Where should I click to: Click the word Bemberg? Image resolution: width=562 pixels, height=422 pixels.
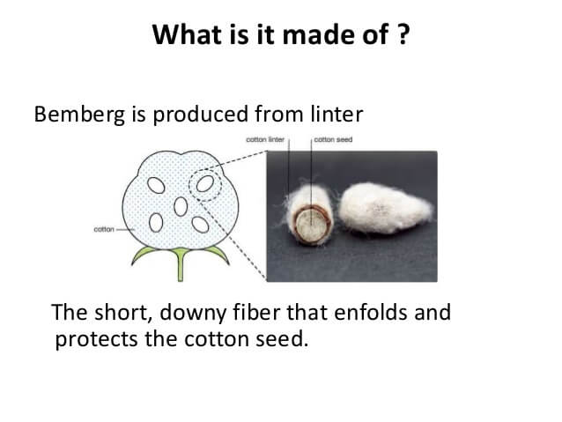pyautogui.click(x=79, y=115)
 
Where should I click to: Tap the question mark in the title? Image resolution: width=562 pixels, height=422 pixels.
pyautogui.click(x=403, y=34)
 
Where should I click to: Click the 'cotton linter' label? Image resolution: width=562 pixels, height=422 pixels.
pyautogui.click(x=265, y=139)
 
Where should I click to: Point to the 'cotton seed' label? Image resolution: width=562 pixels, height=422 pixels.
pyautogui.click(x=333, y=139)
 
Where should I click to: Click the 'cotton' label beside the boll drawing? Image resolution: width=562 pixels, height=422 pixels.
pyautogui.click(x=104, y=229)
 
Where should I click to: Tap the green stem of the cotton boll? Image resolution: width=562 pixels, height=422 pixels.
pyautogui.click(x=181, y=264)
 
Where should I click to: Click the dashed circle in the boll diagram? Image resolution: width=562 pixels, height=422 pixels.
pyautogui.click(x=189, y=185)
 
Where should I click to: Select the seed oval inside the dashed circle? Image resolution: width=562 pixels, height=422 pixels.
pyautogui.click(x=205, y=183)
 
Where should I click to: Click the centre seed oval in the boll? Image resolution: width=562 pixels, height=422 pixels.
pyautogui.click(x=181, y=207)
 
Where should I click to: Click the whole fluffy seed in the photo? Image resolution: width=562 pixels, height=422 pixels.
pyautogui.click(x=385, y=207)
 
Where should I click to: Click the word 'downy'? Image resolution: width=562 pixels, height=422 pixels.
pyautogui.click(x=193, y=313)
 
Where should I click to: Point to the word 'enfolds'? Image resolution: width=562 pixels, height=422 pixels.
pyautogui.click(x=371, y=312)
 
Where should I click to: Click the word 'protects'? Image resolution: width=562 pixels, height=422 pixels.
pyautogui.click(x=96, y=339)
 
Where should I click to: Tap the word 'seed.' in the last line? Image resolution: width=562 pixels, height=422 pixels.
pyautogui.click(x=282, y=339)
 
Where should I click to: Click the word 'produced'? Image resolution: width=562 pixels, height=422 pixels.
pyautogui.click(x=200, y=115)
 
